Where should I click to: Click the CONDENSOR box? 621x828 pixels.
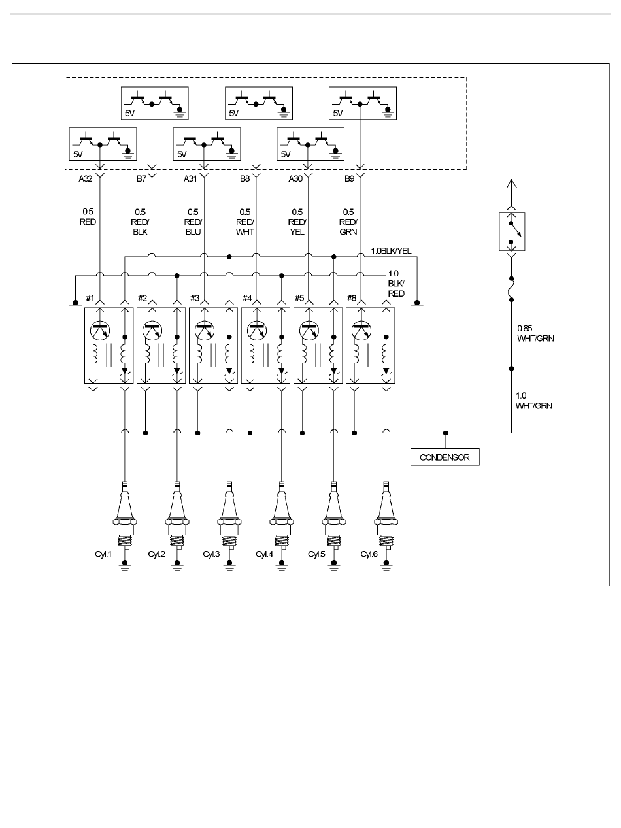point(445,457)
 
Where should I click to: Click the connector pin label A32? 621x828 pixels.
point(85,178)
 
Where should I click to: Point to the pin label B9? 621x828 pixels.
point(349,178)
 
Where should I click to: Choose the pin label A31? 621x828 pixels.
point(190,178)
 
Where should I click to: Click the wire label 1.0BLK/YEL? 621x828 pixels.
point(391,251)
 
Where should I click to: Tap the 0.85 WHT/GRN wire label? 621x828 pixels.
point(535,333)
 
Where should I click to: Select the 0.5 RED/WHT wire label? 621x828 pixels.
point(245,222)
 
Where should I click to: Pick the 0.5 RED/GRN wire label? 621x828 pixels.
point(348,222)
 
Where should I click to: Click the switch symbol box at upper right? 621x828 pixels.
point(512,231)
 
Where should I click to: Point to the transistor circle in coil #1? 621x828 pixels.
point(100,331)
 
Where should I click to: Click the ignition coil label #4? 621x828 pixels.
point(247,299)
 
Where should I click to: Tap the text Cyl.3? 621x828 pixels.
point(211,554)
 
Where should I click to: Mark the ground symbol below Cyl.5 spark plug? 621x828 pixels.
point(334,565)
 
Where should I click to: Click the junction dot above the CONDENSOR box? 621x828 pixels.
point(446,433)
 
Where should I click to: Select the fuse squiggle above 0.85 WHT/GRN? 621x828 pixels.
point(512,289)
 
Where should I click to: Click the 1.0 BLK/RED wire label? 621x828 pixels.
point(396,283)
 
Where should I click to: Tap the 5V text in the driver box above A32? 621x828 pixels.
point(78,154)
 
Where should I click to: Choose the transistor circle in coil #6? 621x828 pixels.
point(361,331)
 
